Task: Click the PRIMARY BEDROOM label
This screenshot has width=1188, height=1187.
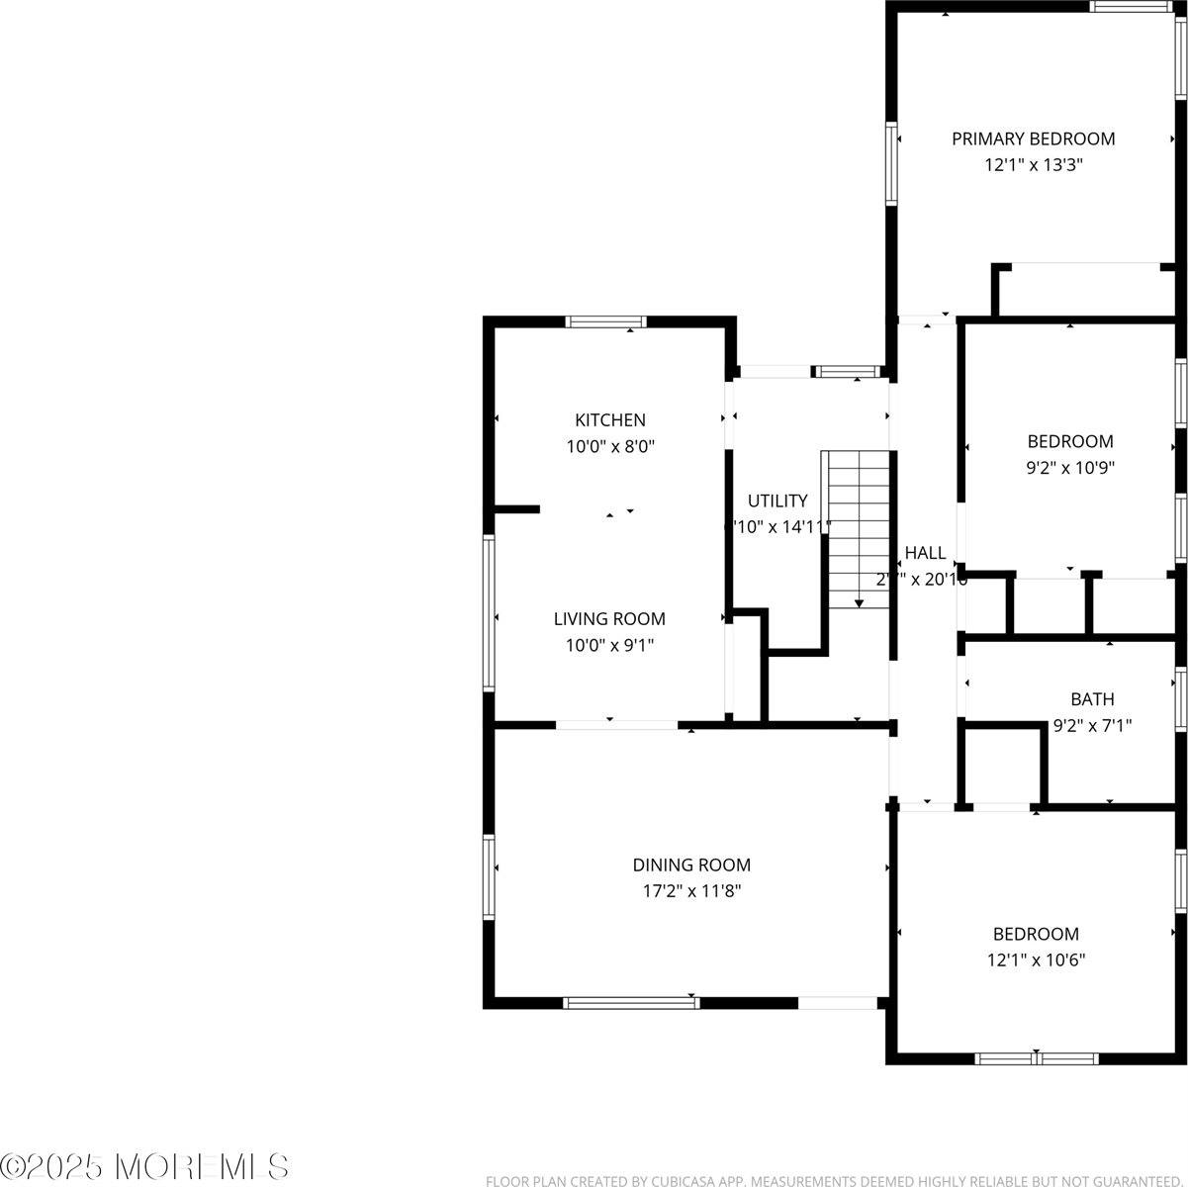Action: tap(1033, 139)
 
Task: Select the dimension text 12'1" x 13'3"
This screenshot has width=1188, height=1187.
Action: tap(1033, 165)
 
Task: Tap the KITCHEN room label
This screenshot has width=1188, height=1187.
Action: tap(610, 420)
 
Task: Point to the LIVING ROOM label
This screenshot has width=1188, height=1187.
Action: tap(609, 619)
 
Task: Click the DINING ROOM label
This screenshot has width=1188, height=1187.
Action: tap(691, 866)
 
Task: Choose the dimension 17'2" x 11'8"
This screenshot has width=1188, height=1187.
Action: tap(691, 891)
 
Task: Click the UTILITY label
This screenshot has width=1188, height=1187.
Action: tap(777, 502)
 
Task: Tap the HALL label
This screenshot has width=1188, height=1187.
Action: tap(925, 554)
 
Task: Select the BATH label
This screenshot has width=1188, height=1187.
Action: tap(1092, 699)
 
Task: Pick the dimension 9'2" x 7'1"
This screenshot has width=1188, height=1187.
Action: tap(1092, 725)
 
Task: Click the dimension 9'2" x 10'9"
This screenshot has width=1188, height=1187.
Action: tap(1070, 468)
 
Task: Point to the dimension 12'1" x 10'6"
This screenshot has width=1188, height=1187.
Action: tap(1036, 959)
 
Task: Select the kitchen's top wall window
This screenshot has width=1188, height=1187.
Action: tap(605, 321)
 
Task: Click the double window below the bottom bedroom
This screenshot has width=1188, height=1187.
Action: tap(1037, 1058)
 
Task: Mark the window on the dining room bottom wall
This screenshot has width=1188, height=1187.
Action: tap(631, 1003)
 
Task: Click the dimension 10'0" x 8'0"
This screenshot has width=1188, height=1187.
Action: tap(610, 446)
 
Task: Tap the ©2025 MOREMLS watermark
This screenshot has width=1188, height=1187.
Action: tap(145, 1166)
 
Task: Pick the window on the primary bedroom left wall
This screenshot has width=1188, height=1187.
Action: tap(891, 162)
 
